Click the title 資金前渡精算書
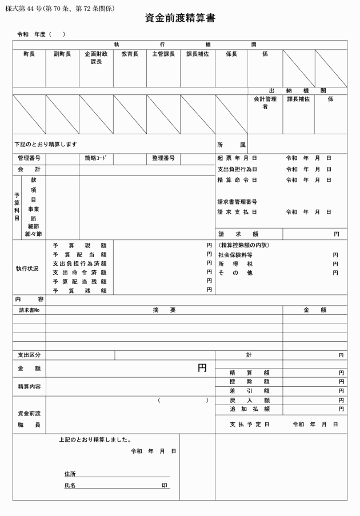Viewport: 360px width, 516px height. click(180, 18)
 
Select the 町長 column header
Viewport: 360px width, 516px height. click(29, 54)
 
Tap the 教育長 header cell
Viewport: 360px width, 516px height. click(130, 54)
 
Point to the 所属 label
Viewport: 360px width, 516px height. click(231, 145)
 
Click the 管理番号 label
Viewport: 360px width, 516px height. click(29, 158)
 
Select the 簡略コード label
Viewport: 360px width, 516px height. click(96, 158)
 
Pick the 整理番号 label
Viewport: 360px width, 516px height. click(163, 158)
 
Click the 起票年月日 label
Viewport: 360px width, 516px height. click(237, 158)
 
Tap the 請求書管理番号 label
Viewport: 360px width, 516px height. click(237, 202)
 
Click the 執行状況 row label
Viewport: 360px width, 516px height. click(27, 268)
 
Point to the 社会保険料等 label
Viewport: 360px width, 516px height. click(235, 255)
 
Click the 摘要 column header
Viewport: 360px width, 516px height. click(164, 310)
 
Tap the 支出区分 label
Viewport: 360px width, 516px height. click(29, 355)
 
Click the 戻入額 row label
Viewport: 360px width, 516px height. click(249, 400)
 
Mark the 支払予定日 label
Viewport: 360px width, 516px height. click(249, 425)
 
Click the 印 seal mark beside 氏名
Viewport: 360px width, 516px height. click(165, 486)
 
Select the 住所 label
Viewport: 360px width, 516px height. click(70, 474)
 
